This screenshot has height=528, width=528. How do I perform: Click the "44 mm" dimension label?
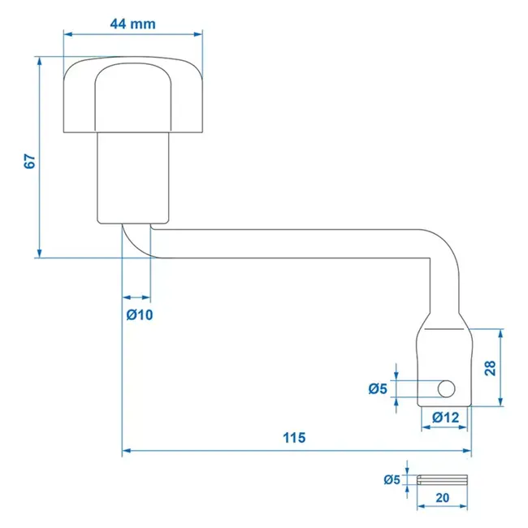pyautogui.click(x=132, y=24)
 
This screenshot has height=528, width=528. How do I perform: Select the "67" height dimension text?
pyautogui.click(x=30, y=161)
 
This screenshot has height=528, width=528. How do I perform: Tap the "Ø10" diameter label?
pyautogui.click(x=140, y=314)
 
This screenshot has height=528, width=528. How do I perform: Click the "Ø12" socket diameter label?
pyautogui.click(x=446, y=417)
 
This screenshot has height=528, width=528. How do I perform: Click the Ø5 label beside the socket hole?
pyautogui.click(x=377, y=389)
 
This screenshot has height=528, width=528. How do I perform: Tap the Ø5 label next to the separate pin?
pyautogui.click(x=392, y=480)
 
